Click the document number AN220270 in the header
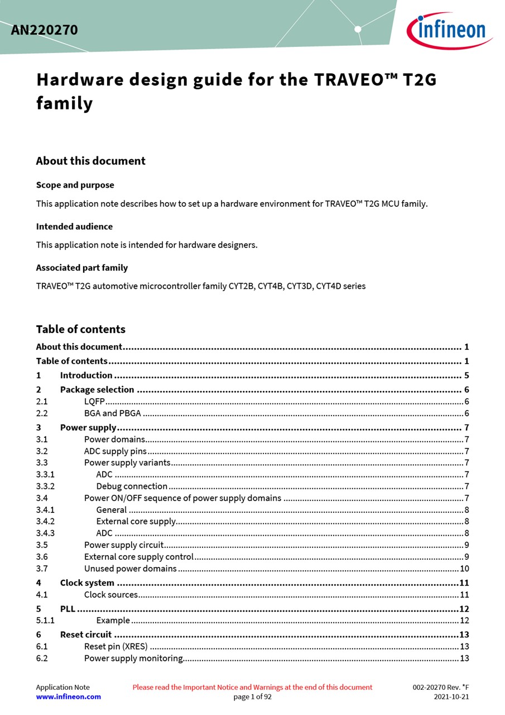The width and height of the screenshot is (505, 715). pos(44,30)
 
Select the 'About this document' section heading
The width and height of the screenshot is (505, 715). pos(90,161)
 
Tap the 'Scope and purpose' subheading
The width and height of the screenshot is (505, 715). pos(75,185)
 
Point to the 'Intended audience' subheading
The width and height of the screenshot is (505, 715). pos(74,226)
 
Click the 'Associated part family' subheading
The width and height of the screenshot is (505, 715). pos(81,268)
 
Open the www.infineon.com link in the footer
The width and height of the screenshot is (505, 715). pos(69,697)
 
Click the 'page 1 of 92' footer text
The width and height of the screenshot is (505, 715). pos(252,697)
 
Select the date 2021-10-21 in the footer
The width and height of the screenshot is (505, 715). pos(451,697)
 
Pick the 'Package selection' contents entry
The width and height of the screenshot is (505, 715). pos(97,389)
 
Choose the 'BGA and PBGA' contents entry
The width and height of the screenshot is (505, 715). pos(112,413)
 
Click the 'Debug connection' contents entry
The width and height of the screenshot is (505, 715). pos(132,486)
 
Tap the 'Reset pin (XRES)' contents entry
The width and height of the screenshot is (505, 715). pos(116,646)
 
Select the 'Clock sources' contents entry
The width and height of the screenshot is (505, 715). pos(111,594)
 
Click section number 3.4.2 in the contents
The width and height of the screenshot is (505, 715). pos(45,521)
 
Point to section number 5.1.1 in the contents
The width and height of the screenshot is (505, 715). pos(45,620)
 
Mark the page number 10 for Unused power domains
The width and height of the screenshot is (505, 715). pos(464,569)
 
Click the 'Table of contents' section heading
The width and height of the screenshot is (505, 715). pos(81,329)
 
